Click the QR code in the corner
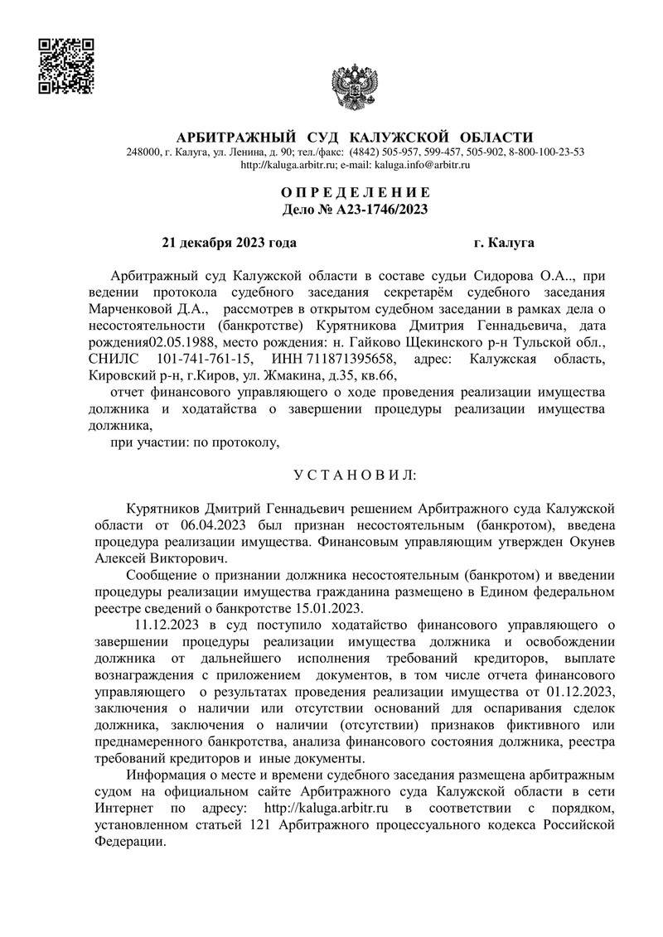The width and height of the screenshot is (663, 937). click(x=67, y=66)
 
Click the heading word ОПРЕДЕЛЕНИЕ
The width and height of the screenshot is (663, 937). click(x=356, y=193)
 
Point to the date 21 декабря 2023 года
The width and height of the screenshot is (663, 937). click(x=228, y=243)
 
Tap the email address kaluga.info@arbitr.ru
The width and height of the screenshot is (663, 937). click(x=422, y=166)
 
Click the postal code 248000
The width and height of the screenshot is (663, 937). click(x=144, y=152)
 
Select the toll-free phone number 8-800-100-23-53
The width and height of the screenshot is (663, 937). click(x=546, y=152)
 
